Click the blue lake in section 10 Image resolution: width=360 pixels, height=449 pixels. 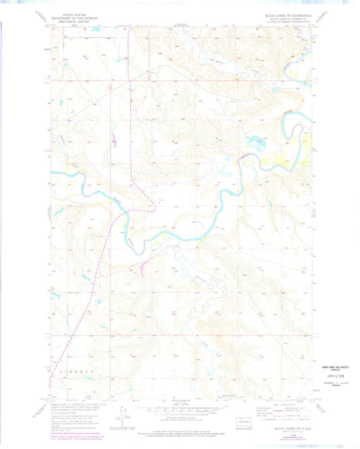click(255, 143)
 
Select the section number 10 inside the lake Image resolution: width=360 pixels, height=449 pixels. click(256, 142)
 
